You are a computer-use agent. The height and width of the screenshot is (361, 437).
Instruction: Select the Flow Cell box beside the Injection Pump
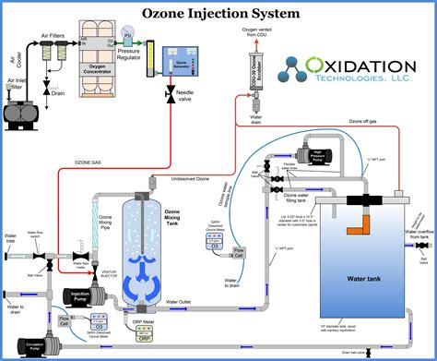click(65, 321)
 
